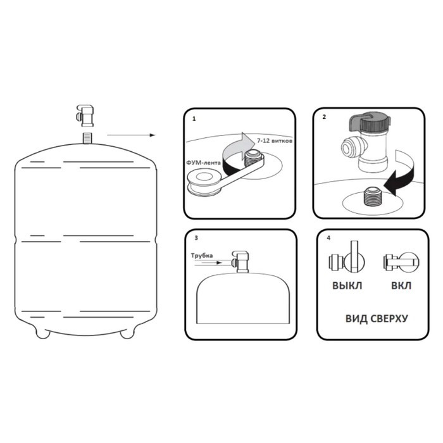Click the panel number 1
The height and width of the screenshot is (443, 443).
tap(194, 119)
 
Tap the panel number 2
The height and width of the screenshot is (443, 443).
tap(324, 117)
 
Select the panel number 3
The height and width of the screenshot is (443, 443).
tap(196, 238)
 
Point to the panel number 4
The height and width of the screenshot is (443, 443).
tap(328, 238)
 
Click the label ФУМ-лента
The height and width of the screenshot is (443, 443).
tap(203, 163)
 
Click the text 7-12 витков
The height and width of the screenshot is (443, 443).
tap(274, 140)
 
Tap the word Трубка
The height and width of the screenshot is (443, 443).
tap(202, 256)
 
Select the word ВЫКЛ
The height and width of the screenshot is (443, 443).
tap(347, 285)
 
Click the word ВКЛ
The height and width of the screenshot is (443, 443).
tap(401, 285)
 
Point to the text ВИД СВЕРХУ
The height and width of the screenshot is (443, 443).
tap(377, 319)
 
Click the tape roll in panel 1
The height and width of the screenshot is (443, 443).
tap(204, 182)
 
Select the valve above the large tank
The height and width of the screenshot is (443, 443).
tap(85, 116)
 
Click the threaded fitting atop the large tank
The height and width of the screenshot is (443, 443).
tap(87, 138)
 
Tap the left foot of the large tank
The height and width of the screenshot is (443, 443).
tap(42, 333)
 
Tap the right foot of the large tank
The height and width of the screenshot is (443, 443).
tap(127, 333)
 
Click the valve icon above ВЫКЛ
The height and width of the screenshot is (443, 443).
tap(347, 257)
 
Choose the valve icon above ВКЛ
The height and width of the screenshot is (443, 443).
tap(401, 261)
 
